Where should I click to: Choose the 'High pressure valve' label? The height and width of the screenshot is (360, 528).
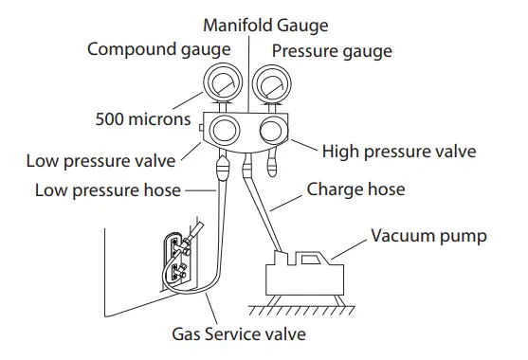click(x=398, y=151)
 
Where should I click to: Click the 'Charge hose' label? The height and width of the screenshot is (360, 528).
click(x=355, y=189)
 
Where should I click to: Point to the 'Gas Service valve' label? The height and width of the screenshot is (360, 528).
click(x=240, y=334)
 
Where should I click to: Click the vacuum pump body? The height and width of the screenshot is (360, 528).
click(x=303, y=278)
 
